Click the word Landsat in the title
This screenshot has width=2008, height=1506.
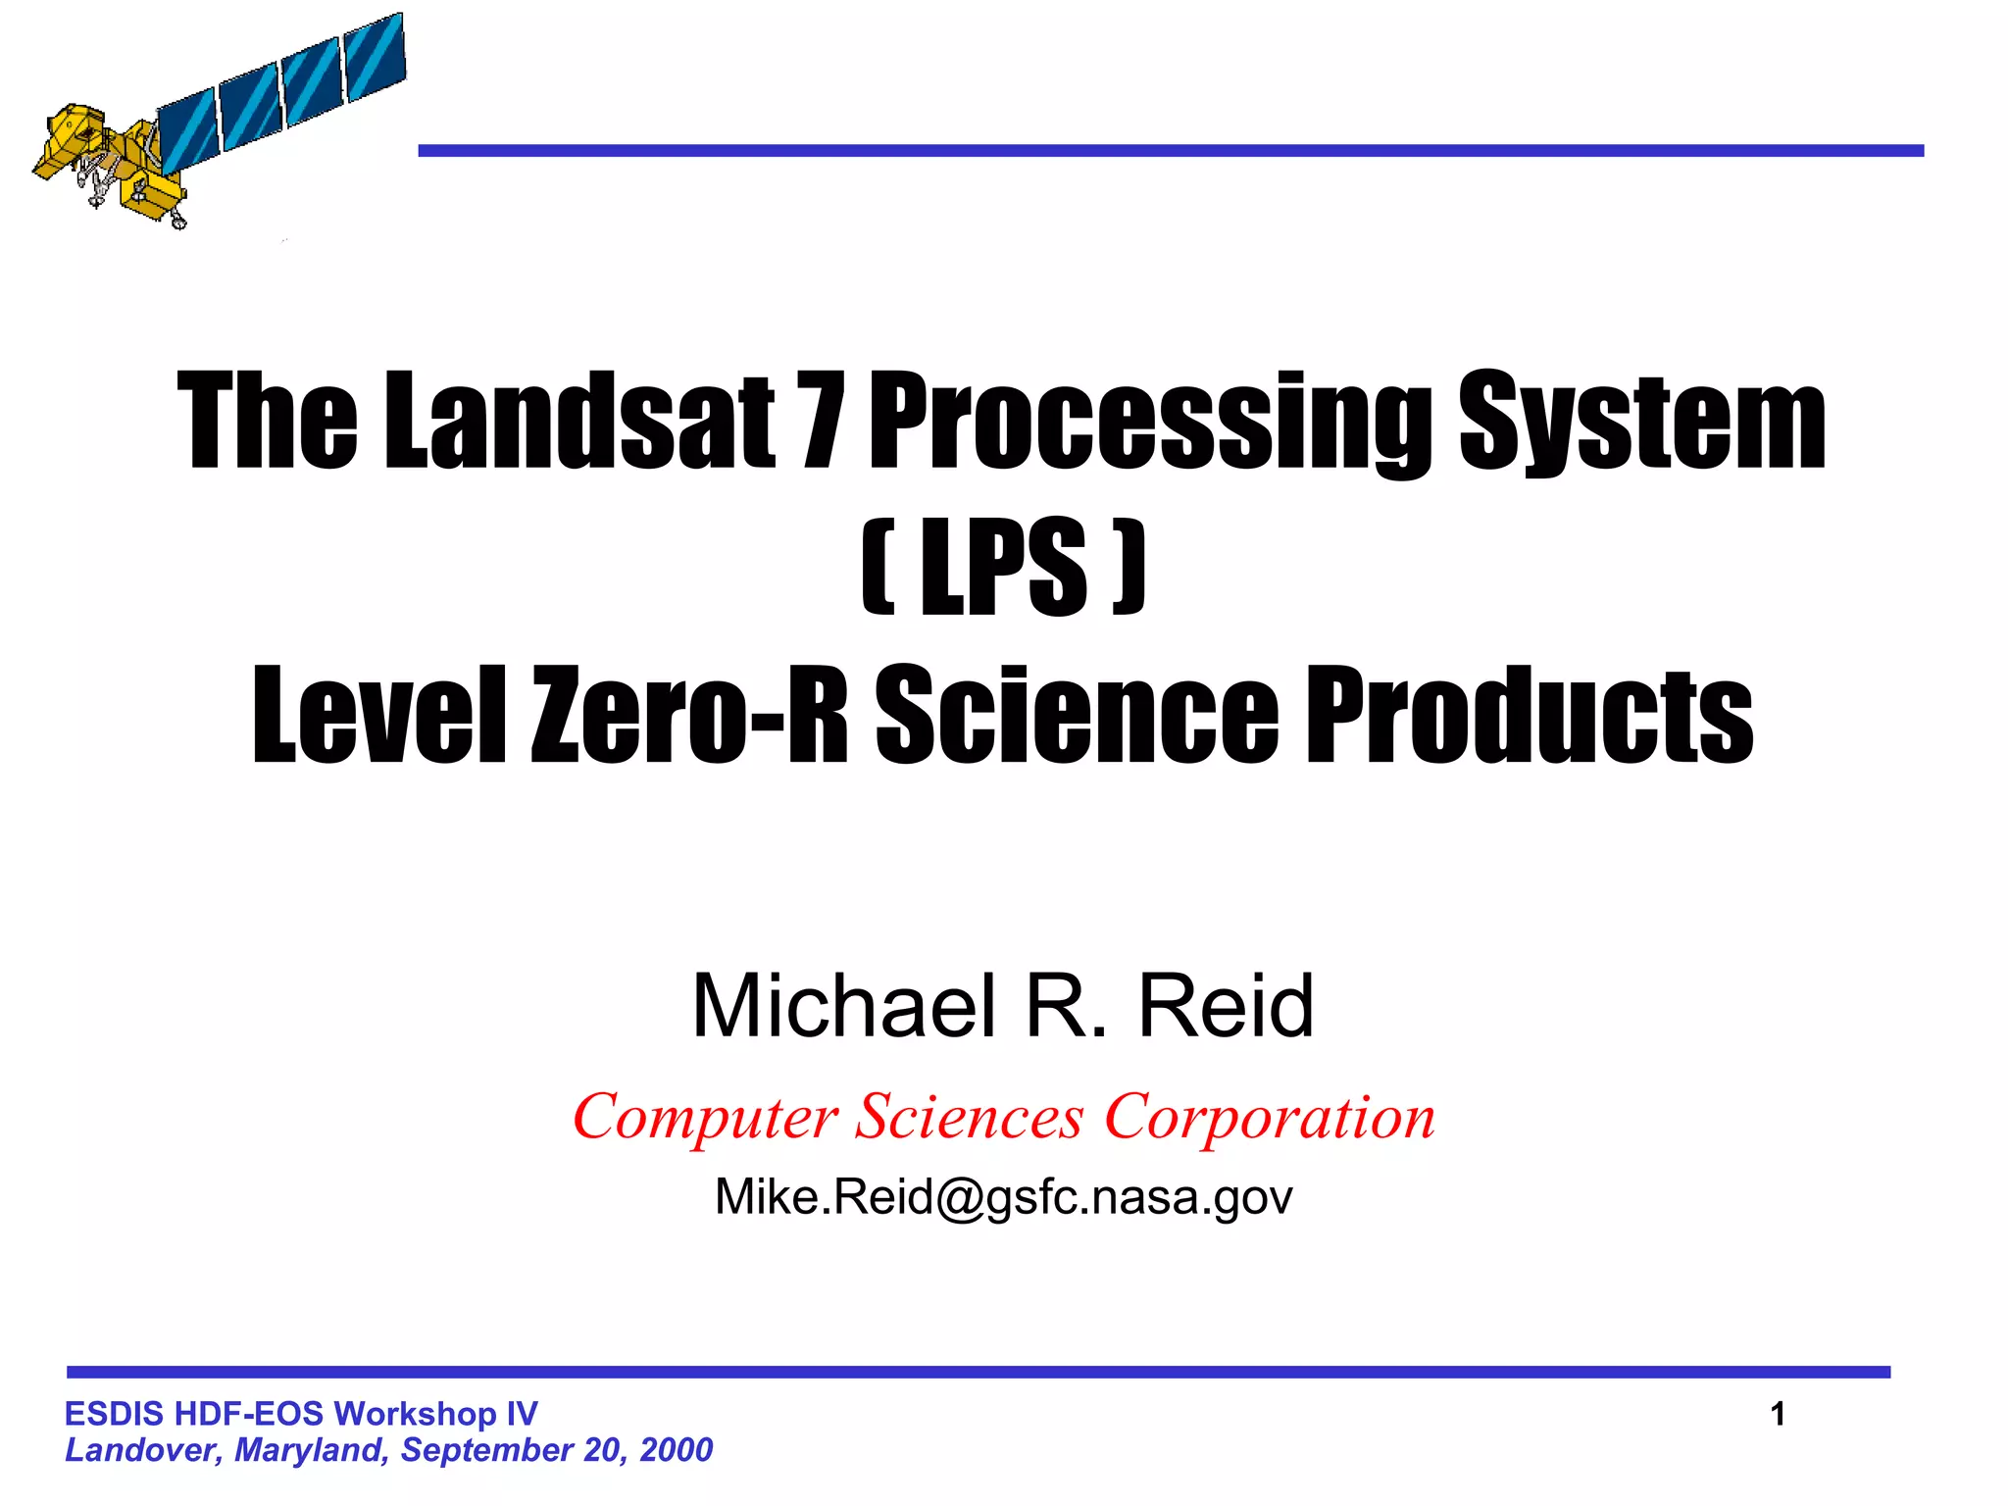(x=578, y=422)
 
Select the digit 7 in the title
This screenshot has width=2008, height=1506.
(x=821, y=422)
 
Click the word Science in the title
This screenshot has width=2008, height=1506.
(x=1076, y=714)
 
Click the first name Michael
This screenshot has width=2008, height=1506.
(x=844, y=1006)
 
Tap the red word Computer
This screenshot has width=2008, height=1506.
(x=705, y=1118)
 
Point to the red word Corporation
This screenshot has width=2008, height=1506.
(x=1270, y=1118)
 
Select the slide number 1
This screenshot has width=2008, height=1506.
(x=1778, y=1414)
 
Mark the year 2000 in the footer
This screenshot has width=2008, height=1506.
(x=677, y=1450)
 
